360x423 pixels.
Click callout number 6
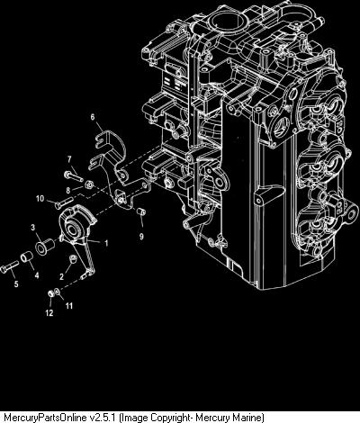click(x=93, y=117)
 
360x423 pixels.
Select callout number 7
click(x=69, y=158)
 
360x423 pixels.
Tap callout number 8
click(x=68, y=190)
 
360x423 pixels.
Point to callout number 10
click(x=40, y=198)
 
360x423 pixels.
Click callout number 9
click(x=141, y=237)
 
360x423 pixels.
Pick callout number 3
click(x=33, y=227)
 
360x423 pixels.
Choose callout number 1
click(x=105, y=243)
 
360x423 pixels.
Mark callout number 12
click(x=49, y=313)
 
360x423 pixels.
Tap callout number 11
click(x=69, y=306)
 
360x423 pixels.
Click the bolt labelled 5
click(x=9, y=266)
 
